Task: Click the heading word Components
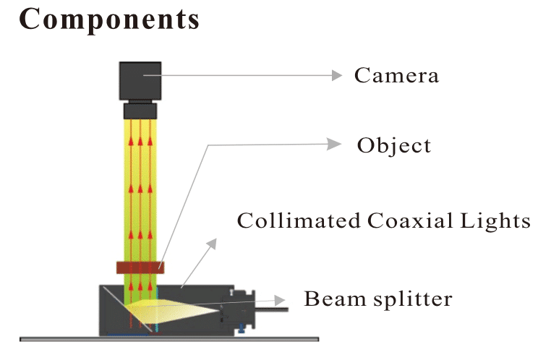(109, 20)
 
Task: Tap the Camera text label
(396, 75)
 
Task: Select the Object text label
(393, 145)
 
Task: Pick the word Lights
(499, 220)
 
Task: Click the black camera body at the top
(141, 80)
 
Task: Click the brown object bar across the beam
(140, 267)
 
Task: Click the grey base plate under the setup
(170, 338)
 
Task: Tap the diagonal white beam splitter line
(116, 304)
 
